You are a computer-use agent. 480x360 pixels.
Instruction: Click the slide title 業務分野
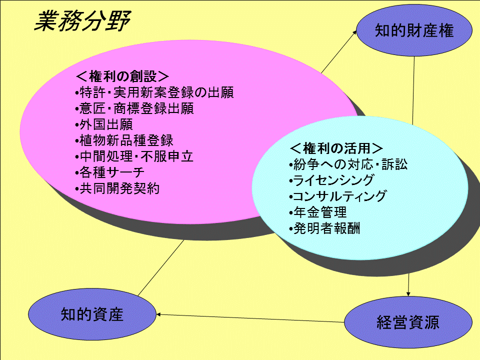click(x=82, y=21)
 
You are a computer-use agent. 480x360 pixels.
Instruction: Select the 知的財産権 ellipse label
click(x=414, y=30)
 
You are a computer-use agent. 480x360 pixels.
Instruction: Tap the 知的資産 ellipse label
click(x=92, y=314)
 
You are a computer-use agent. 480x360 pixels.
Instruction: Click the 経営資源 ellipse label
click(x=408, y=322)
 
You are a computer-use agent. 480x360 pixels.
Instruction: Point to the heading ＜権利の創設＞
click(x=122, y=76)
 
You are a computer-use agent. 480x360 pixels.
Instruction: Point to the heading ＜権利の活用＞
click(x=336, y=148)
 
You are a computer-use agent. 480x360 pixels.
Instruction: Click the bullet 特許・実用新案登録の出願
click(x=154, y=92)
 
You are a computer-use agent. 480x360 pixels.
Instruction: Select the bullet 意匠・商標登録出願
click(x=134, y=108)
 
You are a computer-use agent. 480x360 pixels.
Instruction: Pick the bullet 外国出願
click(x=104, y=124)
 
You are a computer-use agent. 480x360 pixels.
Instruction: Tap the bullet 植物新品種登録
click(x=124, y=140)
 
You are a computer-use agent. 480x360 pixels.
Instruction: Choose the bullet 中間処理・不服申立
click(x=134, y=156)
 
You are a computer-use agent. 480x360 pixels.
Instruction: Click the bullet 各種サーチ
click(x=109, y=172)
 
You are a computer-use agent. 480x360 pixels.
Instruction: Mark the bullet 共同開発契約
click(x=117, y=188)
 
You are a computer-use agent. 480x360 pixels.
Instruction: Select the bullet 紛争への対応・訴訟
click(x=348, y=164)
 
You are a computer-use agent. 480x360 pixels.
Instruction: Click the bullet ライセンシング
click(x=331, y=180)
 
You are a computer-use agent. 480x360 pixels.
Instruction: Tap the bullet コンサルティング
click(x=338, y=196)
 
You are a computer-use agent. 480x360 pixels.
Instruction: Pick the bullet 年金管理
click(x=318, y=212)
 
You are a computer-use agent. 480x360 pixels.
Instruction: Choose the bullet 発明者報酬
click(x=324, y=228)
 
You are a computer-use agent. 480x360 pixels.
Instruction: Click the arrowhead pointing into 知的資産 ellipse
click(x=158, y=314)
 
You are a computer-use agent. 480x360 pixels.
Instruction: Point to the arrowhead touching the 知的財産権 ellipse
click(x=355, y=32)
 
